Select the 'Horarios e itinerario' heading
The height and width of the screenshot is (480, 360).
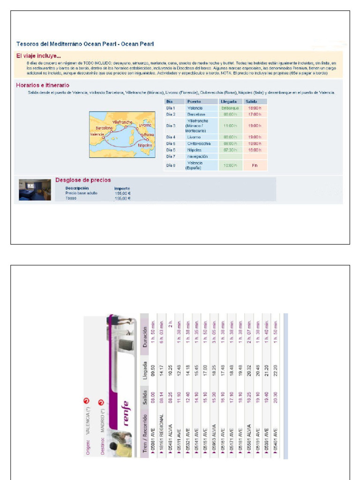tap(43, 85)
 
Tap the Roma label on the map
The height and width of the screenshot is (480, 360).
tap(149, 135)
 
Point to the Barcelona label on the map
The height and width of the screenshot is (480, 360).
tap(104, 127)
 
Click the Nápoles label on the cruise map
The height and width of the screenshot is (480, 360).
tap(145, 145)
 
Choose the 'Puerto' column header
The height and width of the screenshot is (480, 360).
tap(194, 101)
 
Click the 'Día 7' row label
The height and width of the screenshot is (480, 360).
tap(171, 156)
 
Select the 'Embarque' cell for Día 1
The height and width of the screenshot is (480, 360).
tap(230, 108)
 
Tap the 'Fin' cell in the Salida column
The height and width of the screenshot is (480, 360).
tap(255, 165)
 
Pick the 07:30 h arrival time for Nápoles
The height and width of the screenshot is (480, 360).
tap(230, 150)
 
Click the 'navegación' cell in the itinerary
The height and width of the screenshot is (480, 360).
tap(197, 156)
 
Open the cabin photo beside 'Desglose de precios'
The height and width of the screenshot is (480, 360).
tap(35, 189)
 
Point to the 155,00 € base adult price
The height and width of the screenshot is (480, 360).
tap(123, 193)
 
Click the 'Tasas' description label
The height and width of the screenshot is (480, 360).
tap(71, 198)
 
